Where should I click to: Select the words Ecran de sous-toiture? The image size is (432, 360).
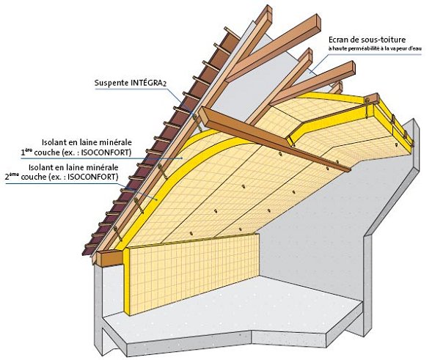[x=367, y=40]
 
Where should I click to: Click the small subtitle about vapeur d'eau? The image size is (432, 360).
[x=375, y=48]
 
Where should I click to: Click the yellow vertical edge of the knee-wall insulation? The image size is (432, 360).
[x=126, y=281]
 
